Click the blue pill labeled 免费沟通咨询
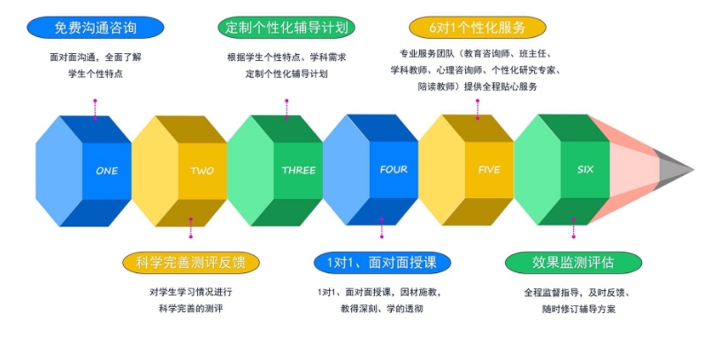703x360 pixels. (x=96, y=27)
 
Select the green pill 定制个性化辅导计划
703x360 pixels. (x=287, y=27)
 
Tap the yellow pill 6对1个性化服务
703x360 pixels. (x=478, y=27)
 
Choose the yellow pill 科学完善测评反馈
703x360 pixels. (x=191, y=263)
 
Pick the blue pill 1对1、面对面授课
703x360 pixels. (x=382, y=263)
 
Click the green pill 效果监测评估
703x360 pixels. (x=573, y=263)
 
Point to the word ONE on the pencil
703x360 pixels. (x=107, y=171)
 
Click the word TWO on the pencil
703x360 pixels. (x=202, y=171)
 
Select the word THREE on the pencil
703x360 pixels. (x=299, y=170)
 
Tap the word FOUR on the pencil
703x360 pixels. (x=394, y=170)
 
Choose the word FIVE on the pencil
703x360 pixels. (x=489, y=170)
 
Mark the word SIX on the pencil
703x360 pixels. (x=585, y=169)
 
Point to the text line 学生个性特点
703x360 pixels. (x=96, y=73)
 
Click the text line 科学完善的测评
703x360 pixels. (x=190, y=309)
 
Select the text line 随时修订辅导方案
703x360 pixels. (x=578, y=309)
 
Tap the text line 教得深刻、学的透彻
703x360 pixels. (x=381, y=309)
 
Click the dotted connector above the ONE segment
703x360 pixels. (x=95, y=110)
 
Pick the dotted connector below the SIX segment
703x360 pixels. (x=573, y=227)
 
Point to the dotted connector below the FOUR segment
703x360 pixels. (x=382, y=227)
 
